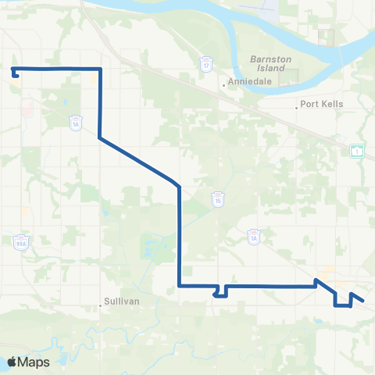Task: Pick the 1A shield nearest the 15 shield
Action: coord(253,235)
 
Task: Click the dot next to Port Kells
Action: coord(298,106)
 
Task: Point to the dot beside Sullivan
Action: coord(102,305)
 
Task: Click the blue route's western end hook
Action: coord(16,74)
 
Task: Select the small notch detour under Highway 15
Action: coord(220,292)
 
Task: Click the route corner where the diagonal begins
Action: coord(99,138)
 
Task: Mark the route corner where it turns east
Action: coord(180,286)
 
